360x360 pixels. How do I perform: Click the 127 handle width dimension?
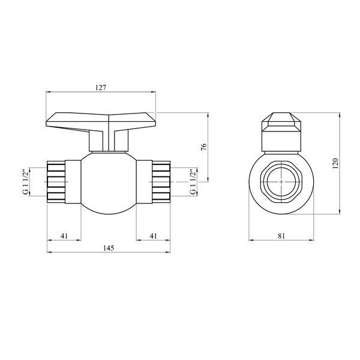101,88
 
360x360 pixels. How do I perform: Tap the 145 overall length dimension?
109,248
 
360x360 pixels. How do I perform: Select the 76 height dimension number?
204,147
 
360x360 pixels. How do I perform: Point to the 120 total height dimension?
335,163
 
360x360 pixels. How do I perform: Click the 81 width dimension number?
281,236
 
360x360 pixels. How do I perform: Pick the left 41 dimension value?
64,236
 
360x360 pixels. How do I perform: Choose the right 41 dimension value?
154,236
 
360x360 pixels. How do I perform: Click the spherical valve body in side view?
109,183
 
